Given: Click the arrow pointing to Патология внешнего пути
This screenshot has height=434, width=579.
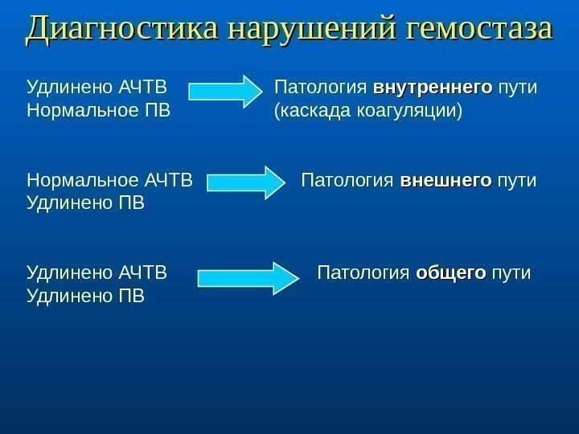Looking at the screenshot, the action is point(241,181).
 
